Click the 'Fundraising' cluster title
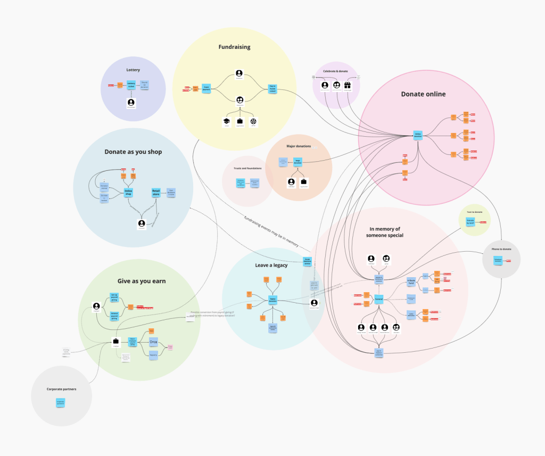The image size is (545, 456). [234, 47]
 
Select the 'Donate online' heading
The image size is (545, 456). [423, 94]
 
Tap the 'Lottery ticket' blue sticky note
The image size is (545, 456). [131, 85]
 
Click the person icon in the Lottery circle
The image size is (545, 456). [131, 102]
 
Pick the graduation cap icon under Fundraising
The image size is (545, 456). [226, 122]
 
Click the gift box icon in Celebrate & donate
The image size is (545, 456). [348, 85]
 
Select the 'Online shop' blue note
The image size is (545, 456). [128, 192]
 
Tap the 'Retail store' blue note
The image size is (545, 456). [156, 192]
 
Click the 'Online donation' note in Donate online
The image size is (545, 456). [418, 135]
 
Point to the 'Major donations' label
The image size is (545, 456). [299, 146]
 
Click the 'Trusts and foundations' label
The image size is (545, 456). [247, 168]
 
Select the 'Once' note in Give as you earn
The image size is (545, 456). [153, 341]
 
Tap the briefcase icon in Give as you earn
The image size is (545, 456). [115, 342]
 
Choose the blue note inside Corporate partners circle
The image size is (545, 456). [61, 403]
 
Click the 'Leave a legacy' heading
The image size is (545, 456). [271, 265]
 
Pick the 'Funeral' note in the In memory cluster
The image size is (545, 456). [379, 299]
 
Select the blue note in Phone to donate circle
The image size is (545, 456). [498, 261]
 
